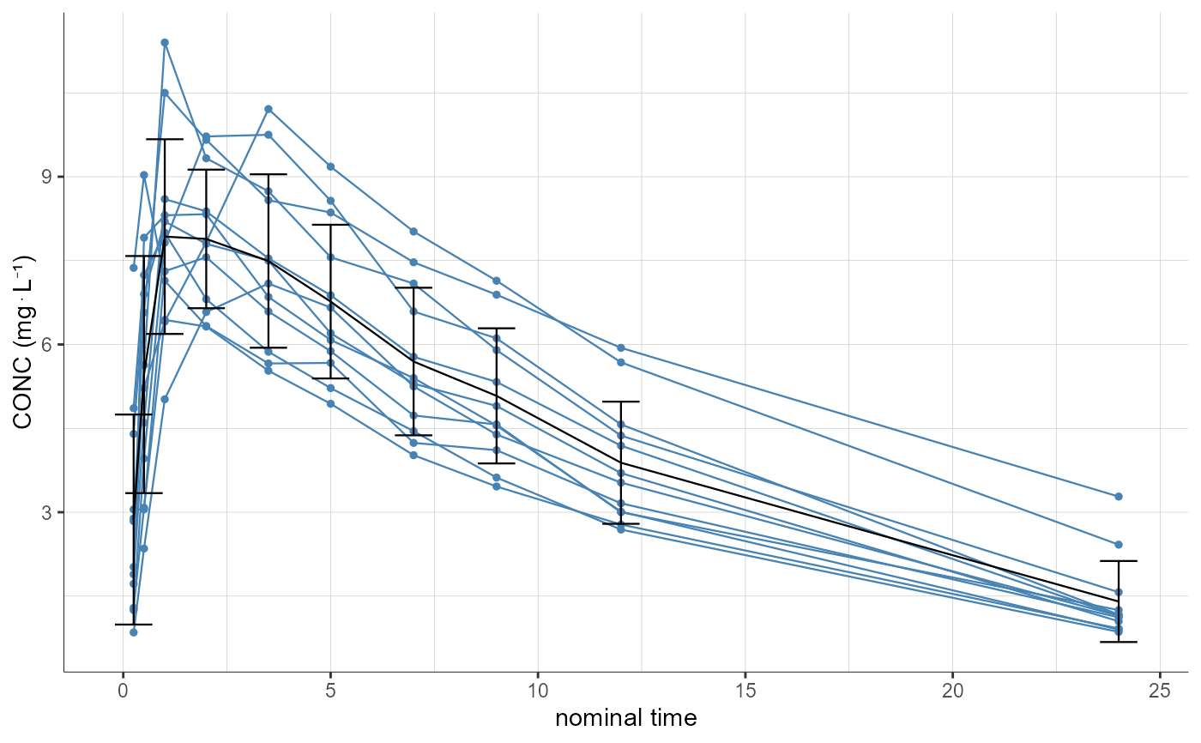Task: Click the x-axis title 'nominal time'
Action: coord(625,717)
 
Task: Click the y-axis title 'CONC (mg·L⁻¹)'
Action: coord(25,342)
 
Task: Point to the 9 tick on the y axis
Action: coord(49,177)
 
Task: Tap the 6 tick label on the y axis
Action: coord(49,344)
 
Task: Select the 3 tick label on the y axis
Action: coord(49,512)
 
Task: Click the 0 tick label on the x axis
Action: coord(124,691)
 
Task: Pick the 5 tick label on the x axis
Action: coord(330,691)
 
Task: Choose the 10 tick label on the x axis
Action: coord(538,691)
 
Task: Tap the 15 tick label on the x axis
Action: coord(745,691)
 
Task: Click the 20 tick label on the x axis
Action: coord(952,691)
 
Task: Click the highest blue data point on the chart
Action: coord(165,42)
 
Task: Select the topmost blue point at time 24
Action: coord(1119,497)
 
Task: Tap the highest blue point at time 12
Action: coord(621,347)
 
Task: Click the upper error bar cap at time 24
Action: coord(1119,561)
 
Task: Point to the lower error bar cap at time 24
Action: coord(1119,642)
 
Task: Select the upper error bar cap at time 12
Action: coord(621,402)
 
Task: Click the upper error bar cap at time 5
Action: coord(330,225)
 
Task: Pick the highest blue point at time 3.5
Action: coord(269,109)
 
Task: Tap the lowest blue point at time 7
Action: coord(413,455)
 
